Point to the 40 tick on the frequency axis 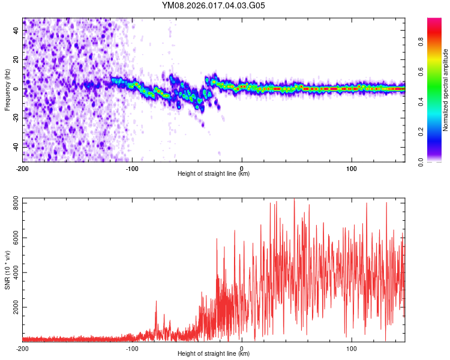point(17,30)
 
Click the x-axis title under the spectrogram point(214,174)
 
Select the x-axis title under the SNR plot point(214,354)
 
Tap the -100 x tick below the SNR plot point(132,348)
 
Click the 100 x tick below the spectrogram point(352,168)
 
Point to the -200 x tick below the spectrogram point(22,168)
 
